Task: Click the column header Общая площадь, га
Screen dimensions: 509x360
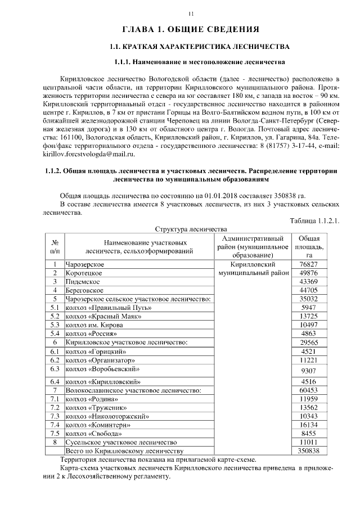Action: tap(309, 246)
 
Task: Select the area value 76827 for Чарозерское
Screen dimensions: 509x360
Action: tap(309, 264)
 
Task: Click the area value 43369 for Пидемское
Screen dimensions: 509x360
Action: tap(309, 281)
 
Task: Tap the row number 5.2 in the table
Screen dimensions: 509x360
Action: tap(55, 316)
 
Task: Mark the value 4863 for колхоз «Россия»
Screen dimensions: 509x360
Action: tap(309, 334)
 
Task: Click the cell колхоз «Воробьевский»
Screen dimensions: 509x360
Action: tap(102, 369)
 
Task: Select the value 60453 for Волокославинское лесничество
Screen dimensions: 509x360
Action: tap(309, 390)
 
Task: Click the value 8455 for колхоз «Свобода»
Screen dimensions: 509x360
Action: tap(309, 434)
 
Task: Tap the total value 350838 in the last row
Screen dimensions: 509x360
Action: tap(309, 451)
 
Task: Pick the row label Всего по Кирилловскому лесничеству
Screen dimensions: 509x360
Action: tap(125, 451)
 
